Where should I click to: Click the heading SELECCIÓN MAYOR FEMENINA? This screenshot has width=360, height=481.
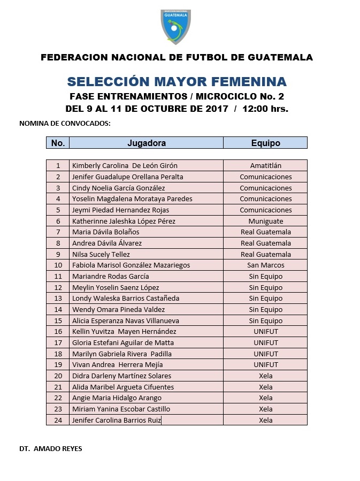177,81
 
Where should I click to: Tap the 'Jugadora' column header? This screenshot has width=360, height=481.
146,143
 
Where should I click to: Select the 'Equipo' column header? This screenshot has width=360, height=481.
265,143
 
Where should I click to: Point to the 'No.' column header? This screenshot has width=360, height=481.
58,143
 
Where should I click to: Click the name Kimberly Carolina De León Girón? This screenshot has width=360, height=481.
125,166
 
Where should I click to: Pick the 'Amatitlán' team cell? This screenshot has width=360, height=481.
265,166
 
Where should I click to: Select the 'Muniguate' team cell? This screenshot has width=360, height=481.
265,221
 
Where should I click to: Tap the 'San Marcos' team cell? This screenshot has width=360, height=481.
265,265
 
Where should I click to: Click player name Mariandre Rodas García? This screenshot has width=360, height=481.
111,276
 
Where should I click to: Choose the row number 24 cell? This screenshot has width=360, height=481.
58,420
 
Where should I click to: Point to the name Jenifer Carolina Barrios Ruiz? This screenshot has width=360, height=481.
116,420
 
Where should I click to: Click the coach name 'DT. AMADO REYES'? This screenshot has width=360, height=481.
51,448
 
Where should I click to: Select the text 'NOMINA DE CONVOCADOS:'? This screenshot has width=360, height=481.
65,123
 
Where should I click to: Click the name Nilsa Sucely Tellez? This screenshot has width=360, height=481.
101,254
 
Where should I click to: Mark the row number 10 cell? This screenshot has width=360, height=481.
58,265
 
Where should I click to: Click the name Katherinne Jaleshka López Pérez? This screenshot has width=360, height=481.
124,221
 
